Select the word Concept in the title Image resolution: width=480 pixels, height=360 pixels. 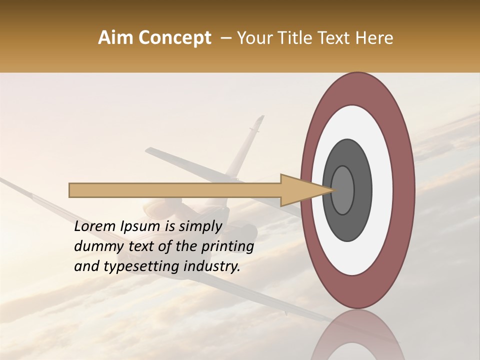coord(175,37)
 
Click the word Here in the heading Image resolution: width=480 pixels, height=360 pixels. coord(375,37)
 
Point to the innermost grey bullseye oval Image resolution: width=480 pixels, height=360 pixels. coord(342,190)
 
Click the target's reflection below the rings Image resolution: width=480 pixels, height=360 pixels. coord(358,335)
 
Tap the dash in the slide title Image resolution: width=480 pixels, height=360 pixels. coord(225,37)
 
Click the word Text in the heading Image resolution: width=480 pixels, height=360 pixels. coord(333,37)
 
